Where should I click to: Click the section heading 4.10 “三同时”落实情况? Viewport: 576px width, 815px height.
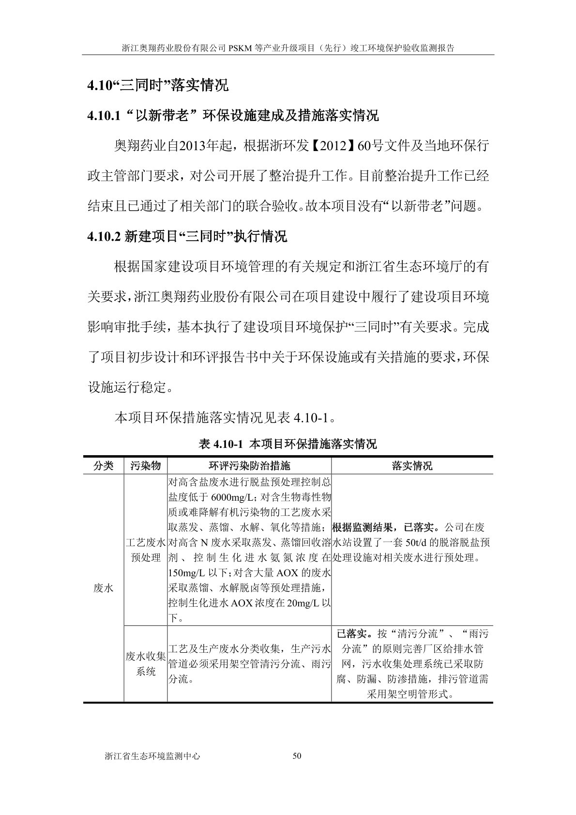pos(157,86)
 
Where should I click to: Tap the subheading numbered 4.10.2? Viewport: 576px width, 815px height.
pos(187,236)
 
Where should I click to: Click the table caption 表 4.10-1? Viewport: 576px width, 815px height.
pos(288,444)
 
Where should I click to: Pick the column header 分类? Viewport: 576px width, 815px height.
pos(104,466)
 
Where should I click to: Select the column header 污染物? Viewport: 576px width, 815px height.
pos(145,466)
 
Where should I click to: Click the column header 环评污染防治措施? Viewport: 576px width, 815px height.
pos(249,466)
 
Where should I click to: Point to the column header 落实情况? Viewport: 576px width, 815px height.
pos(412,466)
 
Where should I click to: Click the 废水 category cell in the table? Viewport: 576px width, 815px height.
pos(104,588)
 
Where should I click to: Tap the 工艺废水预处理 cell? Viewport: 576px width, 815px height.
pos(145,550)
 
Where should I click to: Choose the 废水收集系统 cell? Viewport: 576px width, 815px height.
pos(145,664)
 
